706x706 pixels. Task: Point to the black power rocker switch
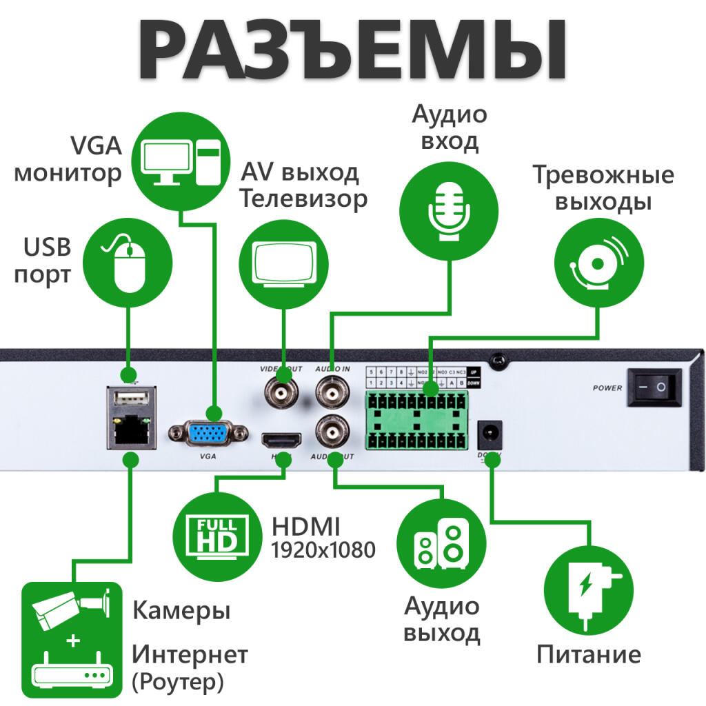tap(653, 387)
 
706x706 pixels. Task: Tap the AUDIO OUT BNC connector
tap(334, 433)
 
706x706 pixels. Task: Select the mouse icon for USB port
tap(128, 264)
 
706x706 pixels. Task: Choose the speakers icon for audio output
tap(443, 545)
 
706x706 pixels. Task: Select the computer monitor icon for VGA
tap(181, 161)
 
